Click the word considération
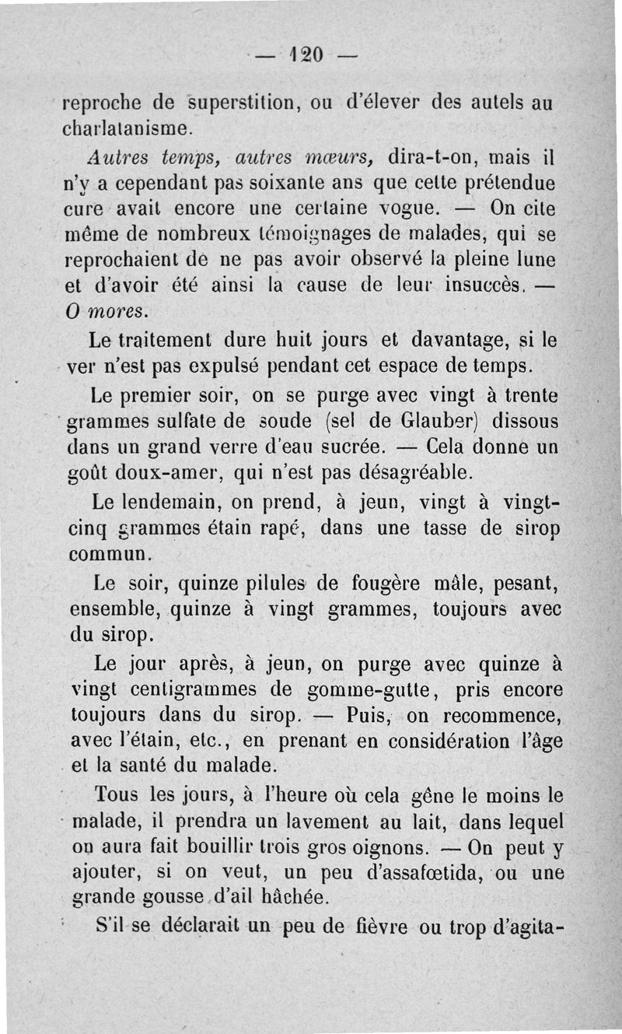pos(439,741)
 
